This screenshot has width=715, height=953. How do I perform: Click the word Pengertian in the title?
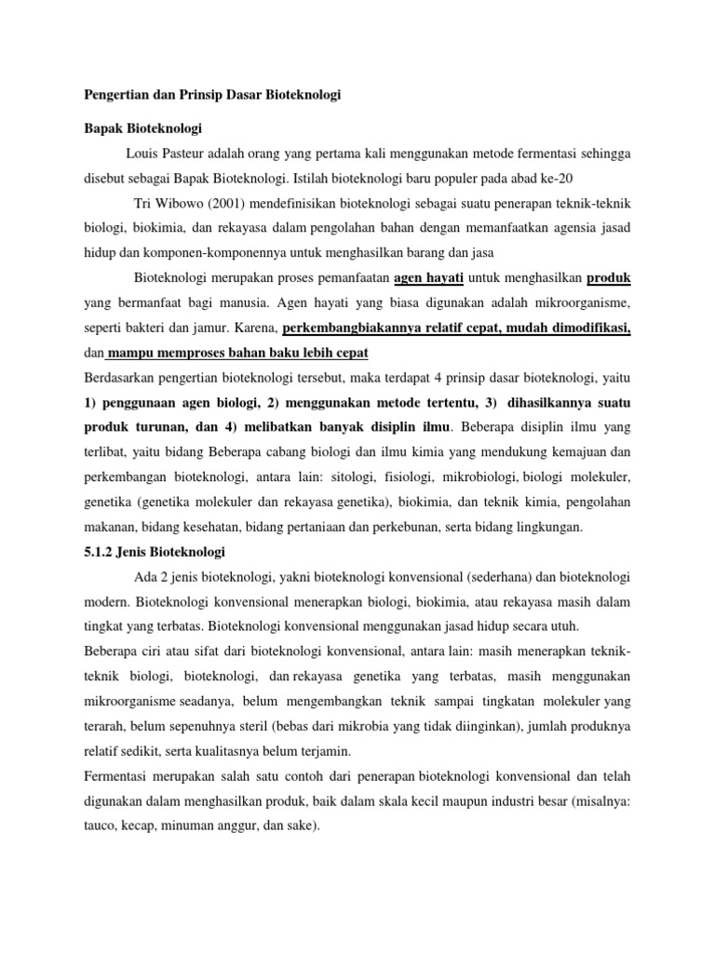115,96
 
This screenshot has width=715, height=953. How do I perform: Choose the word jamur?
223,328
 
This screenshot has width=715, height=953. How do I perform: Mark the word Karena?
255,328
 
